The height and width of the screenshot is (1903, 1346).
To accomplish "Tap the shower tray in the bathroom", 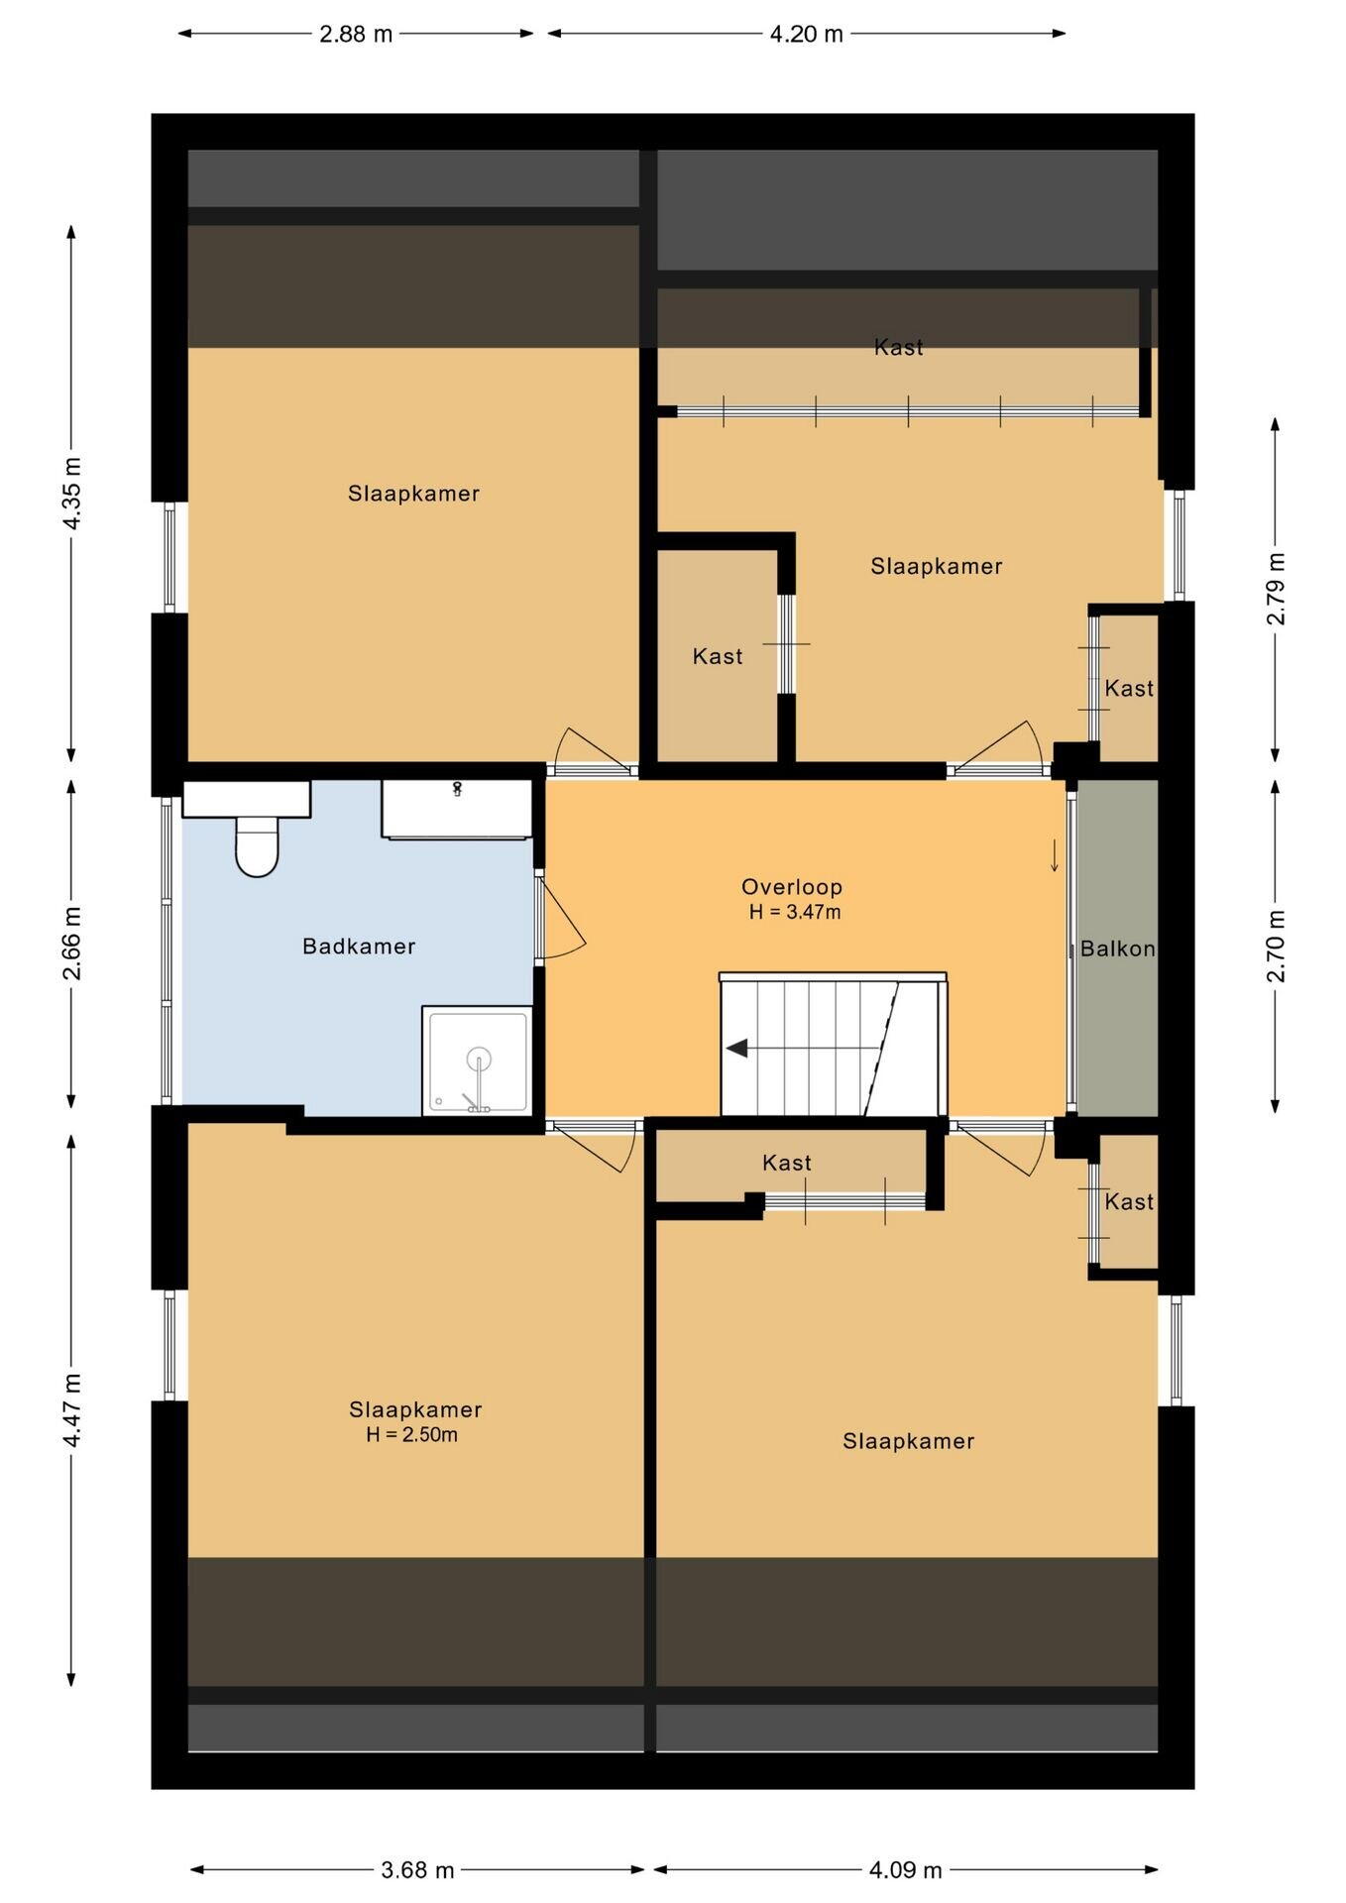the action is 478,1061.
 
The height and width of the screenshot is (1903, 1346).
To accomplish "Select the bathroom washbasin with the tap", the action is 457,809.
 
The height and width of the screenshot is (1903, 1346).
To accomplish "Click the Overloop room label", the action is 792,887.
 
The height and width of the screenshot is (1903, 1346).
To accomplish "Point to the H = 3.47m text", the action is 795,912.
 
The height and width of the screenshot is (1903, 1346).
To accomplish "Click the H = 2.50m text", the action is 412,1434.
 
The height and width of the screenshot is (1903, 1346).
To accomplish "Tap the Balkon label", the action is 1118,949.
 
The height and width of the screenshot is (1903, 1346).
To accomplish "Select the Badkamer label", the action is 359,947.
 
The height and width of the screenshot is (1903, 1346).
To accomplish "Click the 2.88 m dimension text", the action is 356,35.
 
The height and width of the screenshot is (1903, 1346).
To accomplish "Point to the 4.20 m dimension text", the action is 807,35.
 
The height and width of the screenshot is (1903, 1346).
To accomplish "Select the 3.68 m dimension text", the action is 417,1870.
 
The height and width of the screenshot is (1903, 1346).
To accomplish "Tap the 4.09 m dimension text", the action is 906,1870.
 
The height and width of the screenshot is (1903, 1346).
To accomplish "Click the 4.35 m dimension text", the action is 72,493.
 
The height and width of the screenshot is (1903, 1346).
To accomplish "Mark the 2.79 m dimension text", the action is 1276,589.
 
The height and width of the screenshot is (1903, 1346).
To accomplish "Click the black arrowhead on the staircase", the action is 736,1048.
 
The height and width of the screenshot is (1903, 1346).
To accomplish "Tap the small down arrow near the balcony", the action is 1055,855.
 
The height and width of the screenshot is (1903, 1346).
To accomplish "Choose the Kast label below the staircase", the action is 787,1163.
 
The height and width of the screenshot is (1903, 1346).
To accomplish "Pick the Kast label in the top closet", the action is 899,347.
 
